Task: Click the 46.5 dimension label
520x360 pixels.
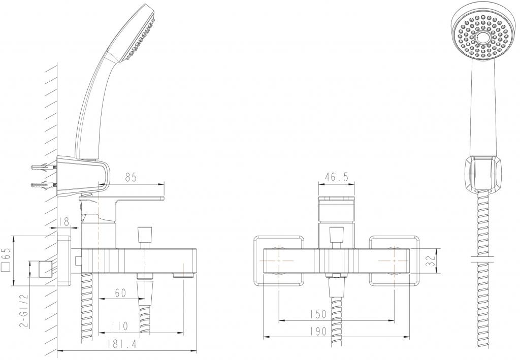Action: (x=336, y=177)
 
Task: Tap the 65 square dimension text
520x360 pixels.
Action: (x=7, y=259)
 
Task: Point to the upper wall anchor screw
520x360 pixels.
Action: (x=44, y=167)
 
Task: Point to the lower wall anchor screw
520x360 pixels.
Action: (x=44, y=185)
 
